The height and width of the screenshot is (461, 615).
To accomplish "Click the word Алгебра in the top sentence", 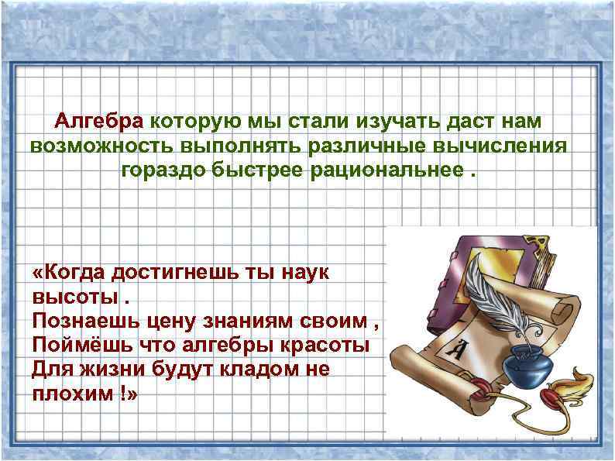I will pyautogui.click(x=98, y=122).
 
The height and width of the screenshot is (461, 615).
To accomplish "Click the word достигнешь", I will pyautogui.click(x=184, y=273).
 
